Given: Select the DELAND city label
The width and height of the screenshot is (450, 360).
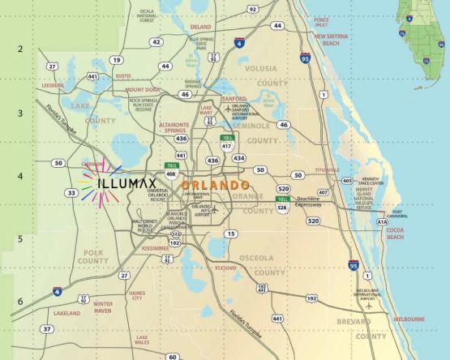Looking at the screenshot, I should click(x=200, y=27).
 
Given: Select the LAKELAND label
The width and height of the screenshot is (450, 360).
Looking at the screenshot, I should click(x=66, y=312).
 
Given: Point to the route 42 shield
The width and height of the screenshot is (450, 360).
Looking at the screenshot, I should click(x=156, y=42).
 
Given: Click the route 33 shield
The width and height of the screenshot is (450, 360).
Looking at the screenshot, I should click(x=71, y=192).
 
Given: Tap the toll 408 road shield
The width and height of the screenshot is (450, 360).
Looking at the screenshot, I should click(x=171, y=173).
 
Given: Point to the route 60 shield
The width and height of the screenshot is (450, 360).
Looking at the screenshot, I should click(x=172, y=356).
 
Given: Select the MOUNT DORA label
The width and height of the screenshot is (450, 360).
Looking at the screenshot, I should click(x=142, y=89).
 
